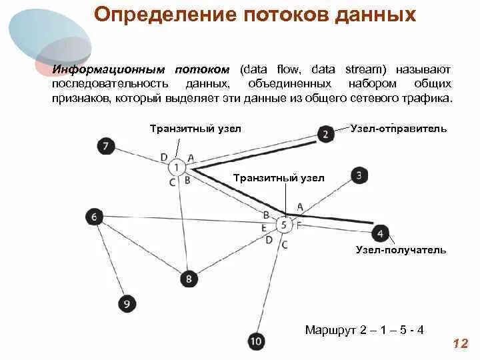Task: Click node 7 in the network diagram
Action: (x=105, y=146)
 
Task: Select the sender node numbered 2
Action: (x=325, y=134)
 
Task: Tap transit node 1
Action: (x=177, y=167)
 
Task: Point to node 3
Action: (x=359, y=175)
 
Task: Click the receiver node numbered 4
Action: (x=380, y=233)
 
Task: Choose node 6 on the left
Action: (x=95, y=216)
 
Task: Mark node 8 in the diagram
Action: (x=189, y=278)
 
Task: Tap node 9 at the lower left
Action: (x=127, y=304)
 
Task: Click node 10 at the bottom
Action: (x=257, y=342)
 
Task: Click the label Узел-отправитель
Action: (x=398, y=128)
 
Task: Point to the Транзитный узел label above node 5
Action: (x=279, y=178)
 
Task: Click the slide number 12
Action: (x=459, y=343)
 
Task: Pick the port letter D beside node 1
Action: (x=164, y=157)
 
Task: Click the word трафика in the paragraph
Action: (x=431, y=98)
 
